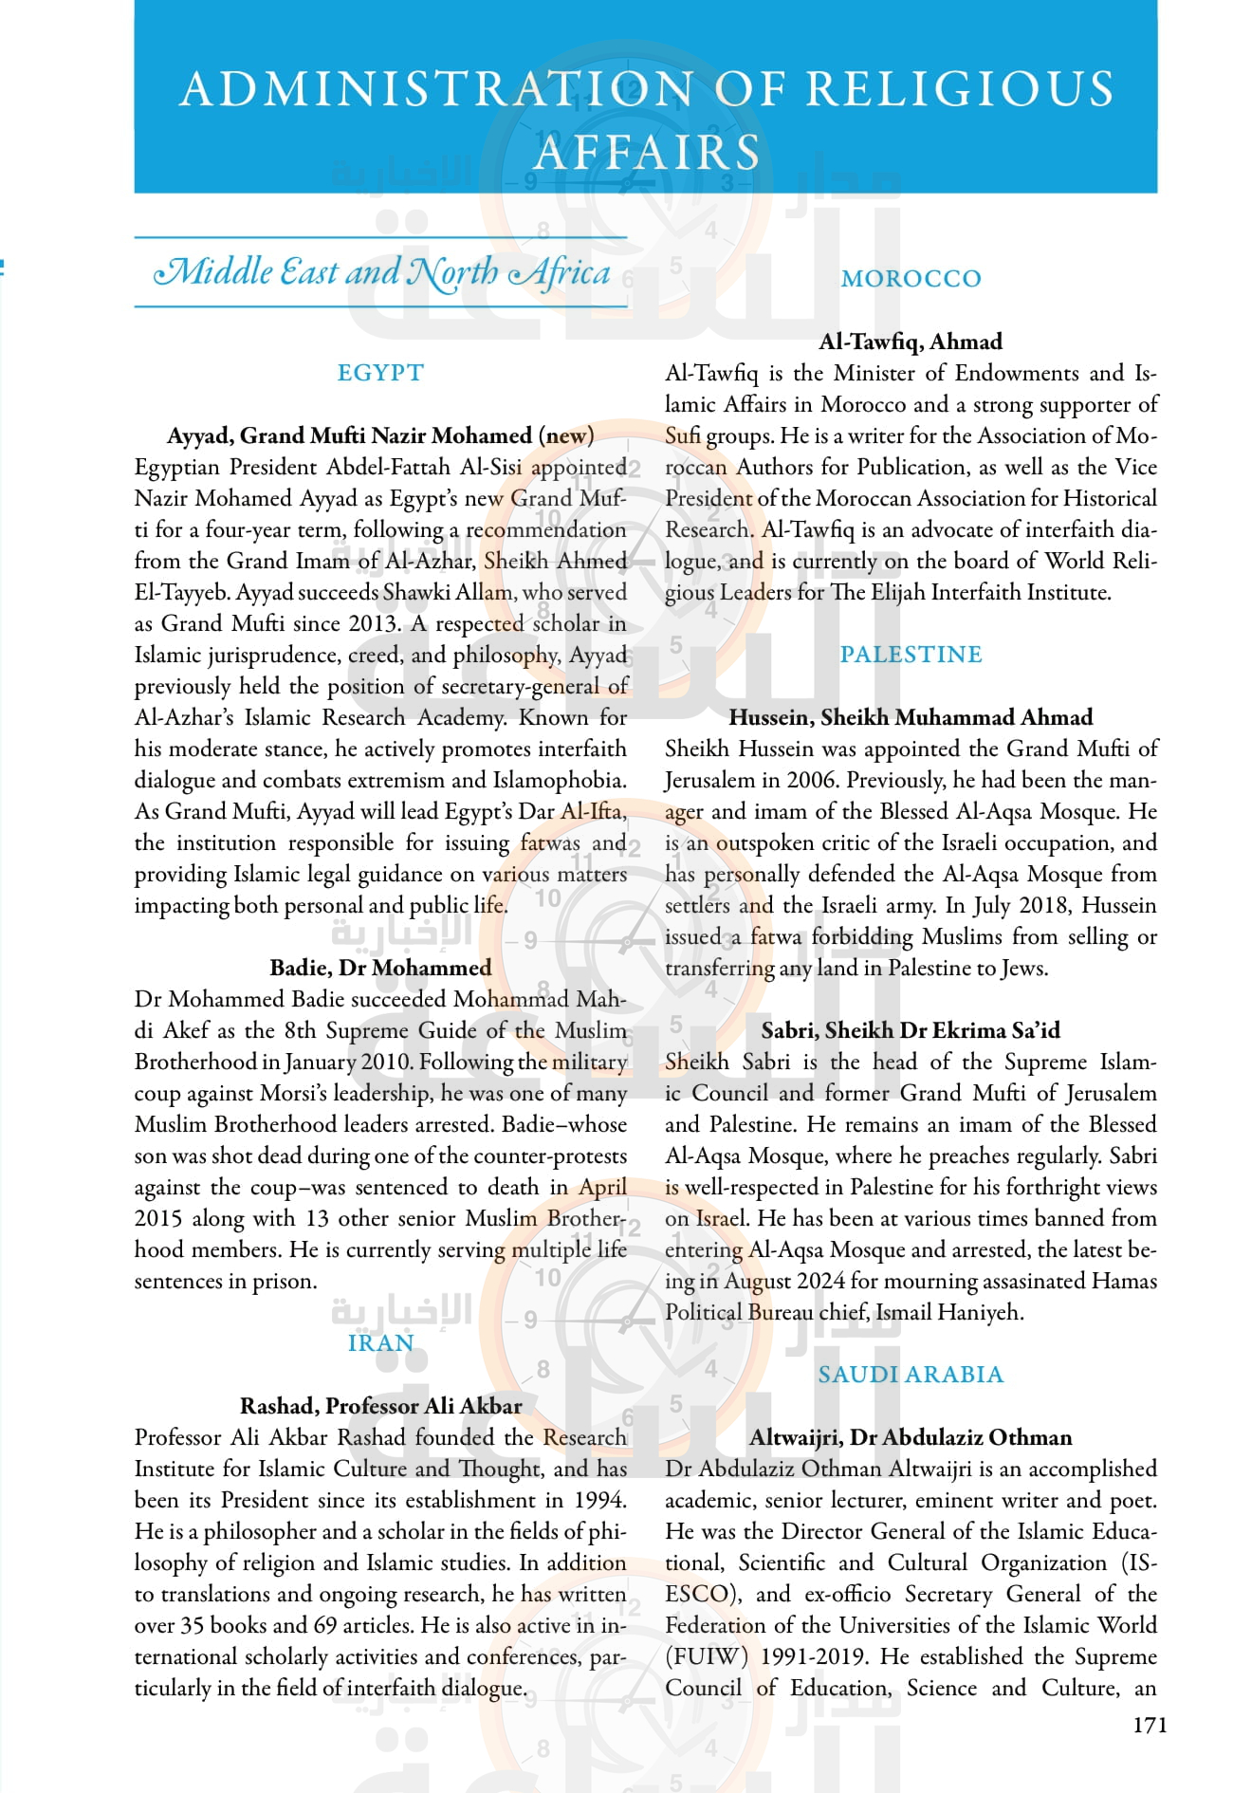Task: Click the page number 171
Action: coord(1150,1725)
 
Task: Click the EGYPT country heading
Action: coord(380,373)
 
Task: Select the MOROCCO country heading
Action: coord(911,279)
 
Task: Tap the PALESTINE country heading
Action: coord(911,655)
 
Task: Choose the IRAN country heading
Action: coord(380,1343)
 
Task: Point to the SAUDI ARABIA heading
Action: coord(911,1375)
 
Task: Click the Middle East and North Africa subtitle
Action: coord(381,272)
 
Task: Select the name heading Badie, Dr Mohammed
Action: coord(380,968)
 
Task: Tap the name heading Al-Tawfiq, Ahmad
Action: coord(911,342)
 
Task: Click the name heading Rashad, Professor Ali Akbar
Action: coord(380,1406)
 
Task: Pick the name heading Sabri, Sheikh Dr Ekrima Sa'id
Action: coord(911,1030)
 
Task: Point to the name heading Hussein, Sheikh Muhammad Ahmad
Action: coord(911,717)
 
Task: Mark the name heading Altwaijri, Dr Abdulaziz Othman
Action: coord(911,1437)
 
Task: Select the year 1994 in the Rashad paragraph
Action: coord(599,1500)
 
